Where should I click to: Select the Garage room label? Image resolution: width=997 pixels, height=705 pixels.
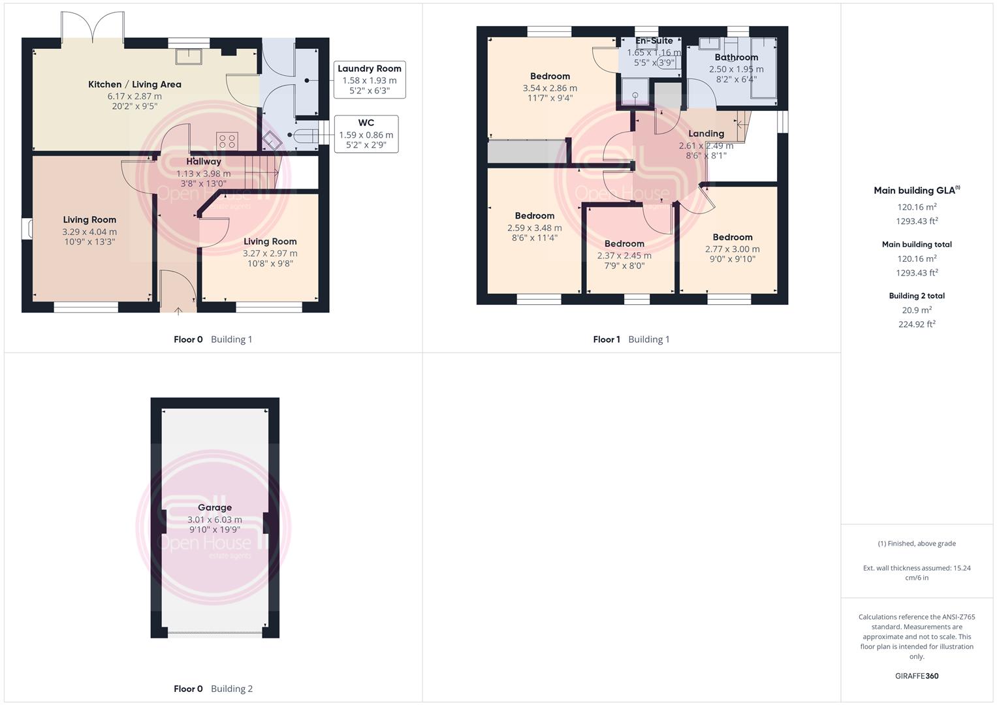click(x=215, y=507)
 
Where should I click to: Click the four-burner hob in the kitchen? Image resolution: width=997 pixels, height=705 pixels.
click(x=227, y=142)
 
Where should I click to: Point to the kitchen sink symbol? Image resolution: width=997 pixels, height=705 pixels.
click(x=189, y=57)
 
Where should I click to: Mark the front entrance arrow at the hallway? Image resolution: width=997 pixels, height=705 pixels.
click(x=178, y=311)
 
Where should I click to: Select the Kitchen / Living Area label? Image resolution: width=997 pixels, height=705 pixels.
click(x=135, y=84)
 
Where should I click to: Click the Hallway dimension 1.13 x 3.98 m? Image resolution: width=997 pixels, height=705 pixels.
click(x=204, y=174)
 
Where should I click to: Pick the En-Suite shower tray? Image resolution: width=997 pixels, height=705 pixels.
click(x=635, y=92)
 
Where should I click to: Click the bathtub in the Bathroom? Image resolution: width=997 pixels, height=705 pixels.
click(x=764, y=68)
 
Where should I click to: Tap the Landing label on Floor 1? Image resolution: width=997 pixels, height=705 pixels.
click(x=706, y=134)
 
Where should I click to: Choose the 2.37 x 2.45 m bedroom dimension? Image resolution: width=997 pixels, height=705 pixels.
click(x=624, y=255)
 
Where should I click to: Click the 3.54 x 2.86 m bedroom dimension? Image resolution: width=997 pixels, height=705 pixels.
click(x=550, y=88)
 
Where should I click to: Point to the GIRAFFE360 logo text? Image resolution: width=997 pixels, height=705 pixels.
click(x=917, y=676)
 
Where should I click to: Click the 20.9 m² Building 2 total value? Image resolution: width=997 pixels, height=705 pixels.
click(x=917, y=310)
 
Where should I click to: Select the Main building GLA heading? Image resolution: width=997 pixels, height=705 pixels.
click(x=917, y=190)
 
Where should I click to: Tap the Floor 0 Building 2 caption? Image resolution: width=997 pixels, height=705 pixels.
click(x=214, y=689)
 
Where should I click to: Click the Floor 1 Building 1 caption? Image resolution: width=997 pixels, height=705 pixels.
click(x=631, y=339)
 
